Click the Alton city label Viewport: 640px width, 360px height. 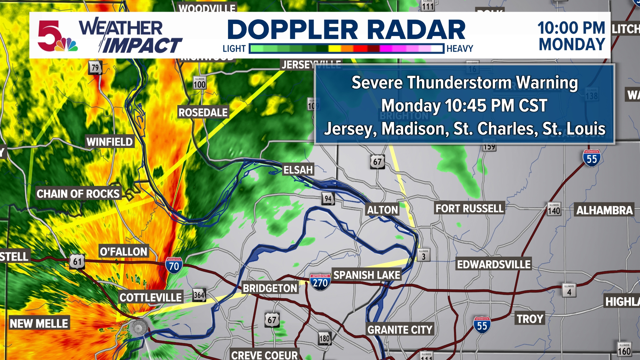tap(382, 210)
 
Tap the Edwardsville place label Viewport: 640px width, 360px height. tap(493, 264)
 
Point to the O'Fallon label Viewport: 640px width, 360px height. tap(123, 251)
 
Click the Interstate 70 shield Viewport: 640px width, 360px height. tap(174, 265)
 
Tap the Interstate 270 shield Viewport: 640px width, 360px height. tap(320, 282)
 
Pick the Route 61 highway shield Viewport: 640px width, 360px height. tap(77, 262)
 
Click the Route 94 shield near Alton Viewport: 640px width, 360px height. tap(328, 199)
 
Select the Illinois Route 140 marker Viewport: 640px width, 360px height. tap(554, 210)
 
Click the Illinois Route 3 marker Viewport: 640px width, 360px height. tap(423, 255)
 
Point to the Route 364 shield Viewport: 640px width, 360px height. tap(199, 295)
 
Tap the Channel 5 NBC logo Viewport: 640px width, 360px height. tap(57, 36)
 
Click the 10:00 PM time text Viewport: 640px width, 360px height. tap(571, 28)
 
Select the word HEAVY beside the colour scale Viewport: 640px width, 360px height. tap(460, 49)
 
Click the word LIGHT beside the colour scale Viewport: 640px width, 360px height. tap(234, 49)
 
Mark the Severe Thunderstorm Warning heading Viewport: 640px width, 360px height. tap(465, 83)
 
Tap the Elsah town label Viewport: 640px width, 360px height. tap(298, 170)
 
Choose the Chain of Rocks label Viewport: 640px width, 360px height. tap(78, 194)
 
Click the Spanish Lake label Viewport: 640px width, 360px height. tap(367, 275)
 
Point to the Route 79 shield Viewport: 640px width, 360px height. tap(95, 68)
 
